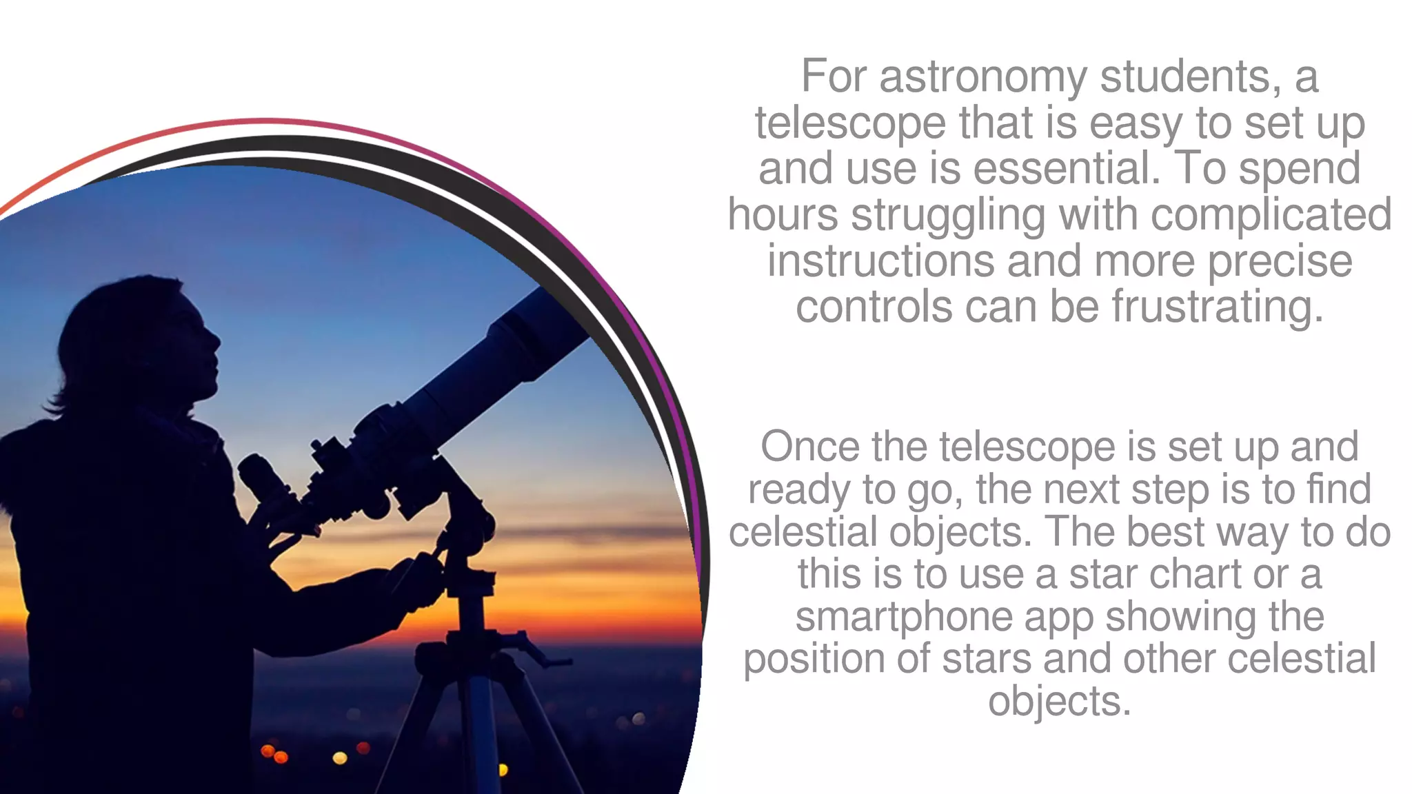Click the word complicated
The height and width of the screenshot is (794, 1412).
coord(1271,215)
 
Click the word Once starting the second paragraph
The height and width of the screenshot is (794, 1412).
coord(809,447)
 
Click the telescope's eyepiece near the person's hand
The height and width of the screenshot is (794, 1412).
coord(265,479)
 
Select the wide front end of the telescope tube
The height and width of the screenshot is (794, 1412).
coord(545,324)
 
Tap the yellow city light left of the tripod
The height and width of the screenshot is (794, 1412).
coord(340,758)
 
